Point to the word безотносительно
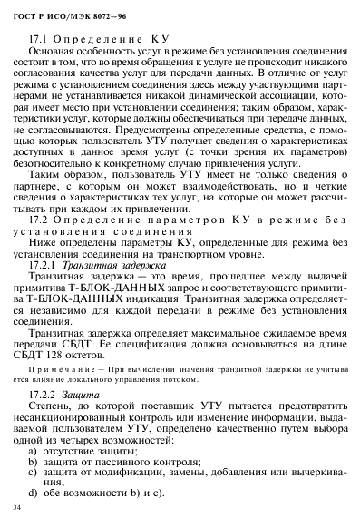[x=57, y=161]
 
